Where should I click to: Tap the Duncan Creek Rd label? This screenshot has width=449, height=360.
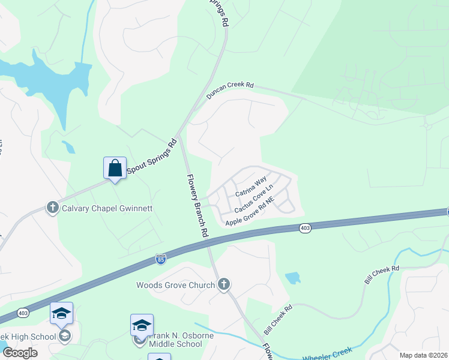(230, 91)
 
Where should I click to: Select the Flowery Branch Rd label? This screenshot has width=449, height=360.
(196, 205)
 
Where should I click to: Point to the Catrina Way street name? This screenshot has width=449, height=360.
(250, 187)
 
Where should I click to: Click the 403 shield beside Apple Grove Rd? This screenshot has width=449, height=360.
(305, 228)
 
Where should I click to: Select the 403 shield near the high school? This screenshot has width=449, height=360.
(23, 313)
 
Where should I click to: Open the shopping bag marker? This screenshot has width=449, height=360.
(115, 168)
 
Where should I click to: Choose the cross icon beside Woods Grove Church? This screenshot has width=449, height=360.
(224, 284)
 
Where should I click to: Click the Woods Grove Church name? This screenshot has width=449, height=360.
(175, 284)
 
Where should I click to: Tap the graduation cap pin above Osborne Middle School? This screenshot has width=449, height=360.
(142, 325)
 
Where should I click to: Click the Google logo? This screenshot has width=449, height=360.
(20, 353)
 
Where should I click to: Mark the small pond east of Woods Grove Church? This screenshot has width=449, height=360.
(292, 278)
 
